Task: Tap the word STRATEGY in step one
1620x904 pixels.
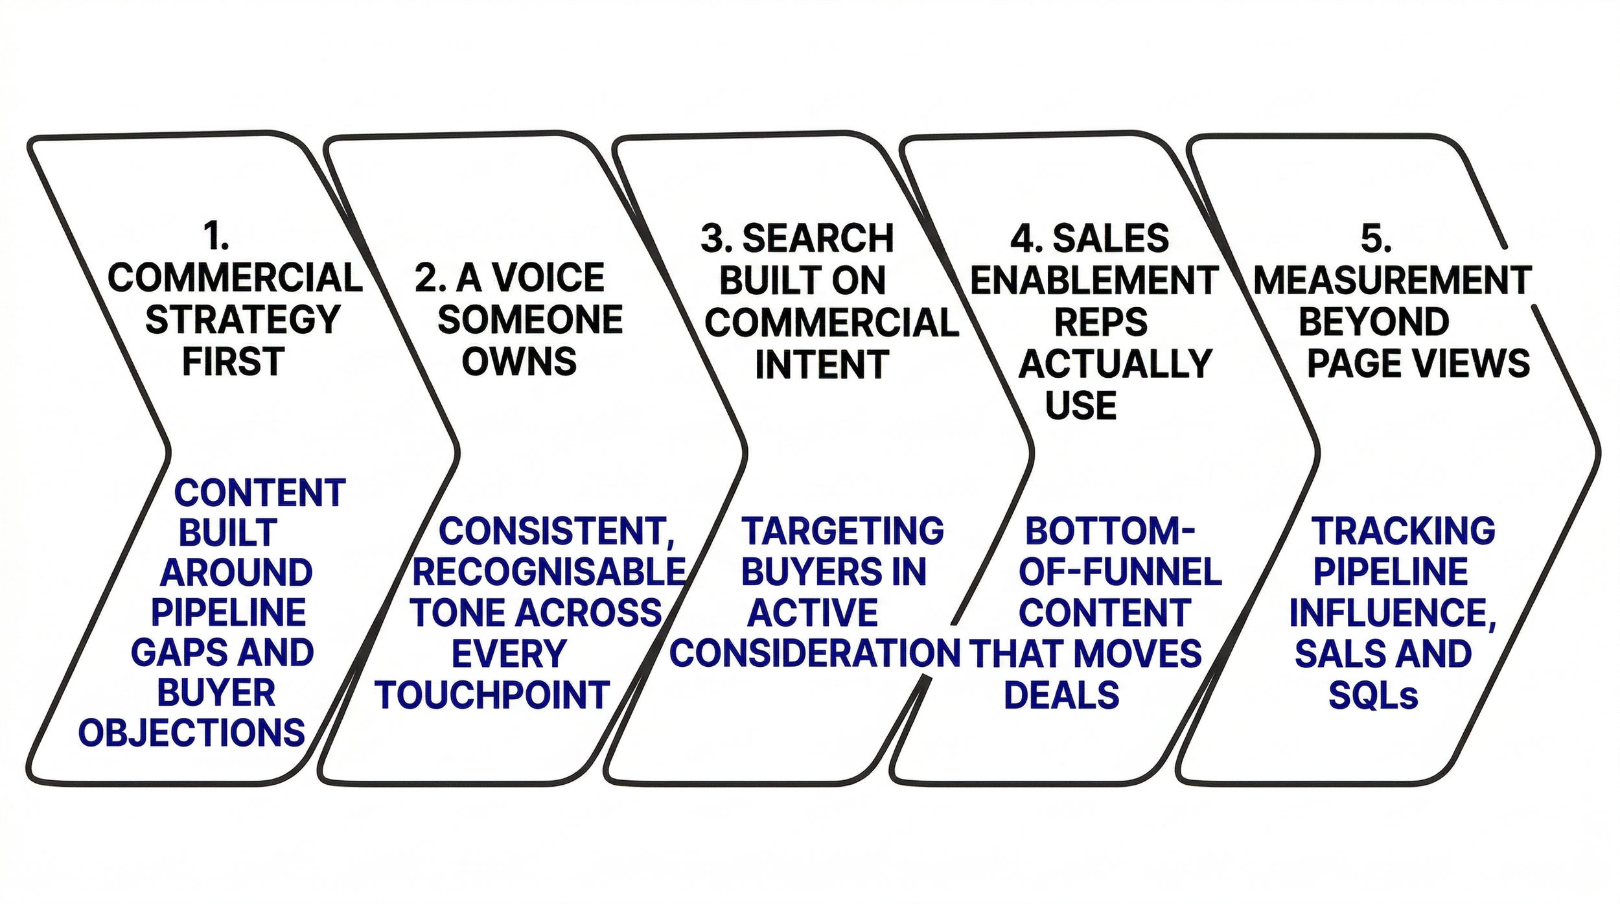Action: click(x=243, y=319)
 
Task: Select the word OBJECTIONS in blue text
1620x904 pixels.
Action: click(x=192, y=733)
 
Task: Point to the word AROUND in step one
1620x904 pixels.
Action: click(x=237, y=573)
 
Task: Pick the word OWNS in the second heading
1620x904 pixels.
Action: click(x=519, y=362)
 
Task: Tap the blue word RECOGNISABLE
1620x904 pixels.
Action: click(x=549, y=572)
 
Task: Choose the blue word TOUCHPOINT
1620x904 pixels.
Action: click(x=492, y=695)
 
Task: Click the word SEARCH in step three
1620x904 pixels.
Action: click(x=818, y=238)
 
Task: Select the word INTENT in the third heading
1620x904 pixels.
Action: click(x=822, y=365)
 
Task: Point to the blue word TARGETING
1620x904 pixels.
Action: click(x=842, y=531)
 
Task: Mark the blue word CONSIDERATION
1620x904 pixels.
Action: click(x=815, y=653)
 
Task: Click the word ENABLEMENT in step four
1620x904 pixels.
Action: click(x=1094, y=281)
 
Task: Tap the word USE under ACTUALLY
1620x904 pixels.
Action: click(x=1081, y=406)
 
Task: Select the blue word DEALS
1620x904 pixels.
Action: click(x=1061, y=695)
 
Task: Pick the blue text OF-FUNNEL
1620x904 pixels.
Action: click(x=1120, y=572)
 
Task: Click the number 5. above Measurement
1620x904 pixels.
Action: click(x=1376, y=238)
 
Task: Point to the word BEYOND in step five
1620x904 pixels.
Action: click(x=1374, y=322)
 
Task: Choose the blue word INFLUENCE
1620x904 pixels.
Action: click(x=1392, y=613)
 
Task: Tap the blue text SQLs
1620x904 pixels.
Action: click(x=1373, y=696)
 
